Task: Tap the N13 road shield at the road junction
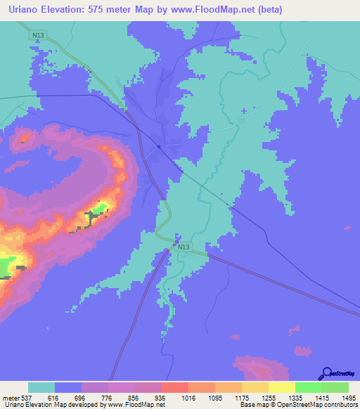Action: coord(184,247)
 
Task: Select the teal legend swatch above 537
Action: coord(41,387)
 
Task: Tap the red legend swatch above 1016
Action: coord(174,387)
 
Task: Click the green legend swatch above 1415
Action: coord(308,387)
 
